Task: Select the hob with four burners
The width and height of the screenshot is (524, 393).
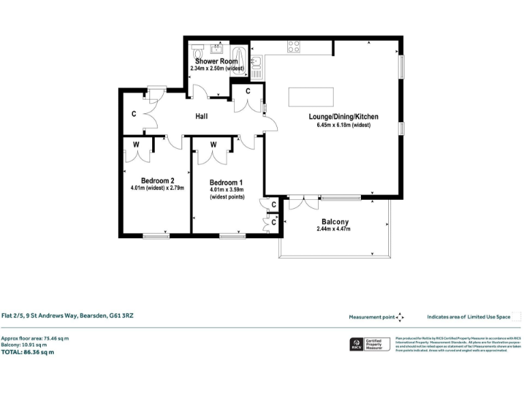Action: [294, 46]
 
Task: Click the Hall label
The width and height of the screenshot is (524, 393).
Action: [201, 117]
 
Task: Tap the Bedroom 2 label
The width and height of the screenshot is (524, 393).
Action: [149, 181]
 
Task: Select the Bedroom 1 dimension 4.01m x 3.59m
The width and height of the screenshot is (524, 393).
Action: [226, 190]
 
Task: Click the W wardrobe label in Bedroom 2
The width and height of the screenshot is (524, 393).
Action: [137, 144]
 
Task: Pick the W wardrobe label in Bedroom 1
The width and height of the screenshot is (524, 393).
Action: [214, 145]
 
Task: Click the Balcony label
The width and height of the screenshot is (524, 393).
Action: [335, 222]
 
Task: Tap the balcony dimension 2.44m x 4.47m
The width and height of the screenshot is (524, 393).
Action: [334, 229]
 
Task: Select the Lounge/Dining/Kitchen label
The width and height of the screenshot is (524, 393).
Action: [343, 117]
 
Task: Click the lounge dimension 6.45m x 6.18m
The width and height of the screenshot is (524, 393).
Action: [343, 126]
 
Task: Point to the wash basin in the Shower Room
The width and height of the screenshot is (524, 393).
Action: [218, 48]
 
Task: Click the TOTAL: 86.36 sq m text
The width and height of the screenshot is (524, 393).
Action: [27, 352]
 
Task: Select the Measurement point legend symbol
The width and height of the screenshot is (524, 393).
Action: [400, 317]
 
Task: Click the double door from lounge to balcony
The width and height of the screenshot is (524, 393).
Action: [302, 203]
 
